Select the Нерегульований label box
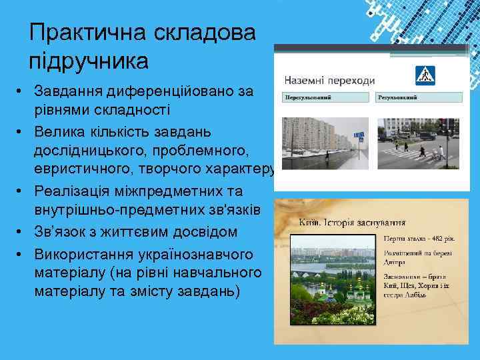[325, 97]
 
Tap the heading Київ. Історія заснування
[353, 223]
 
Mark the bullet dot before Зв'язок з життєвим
[21, 231]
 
